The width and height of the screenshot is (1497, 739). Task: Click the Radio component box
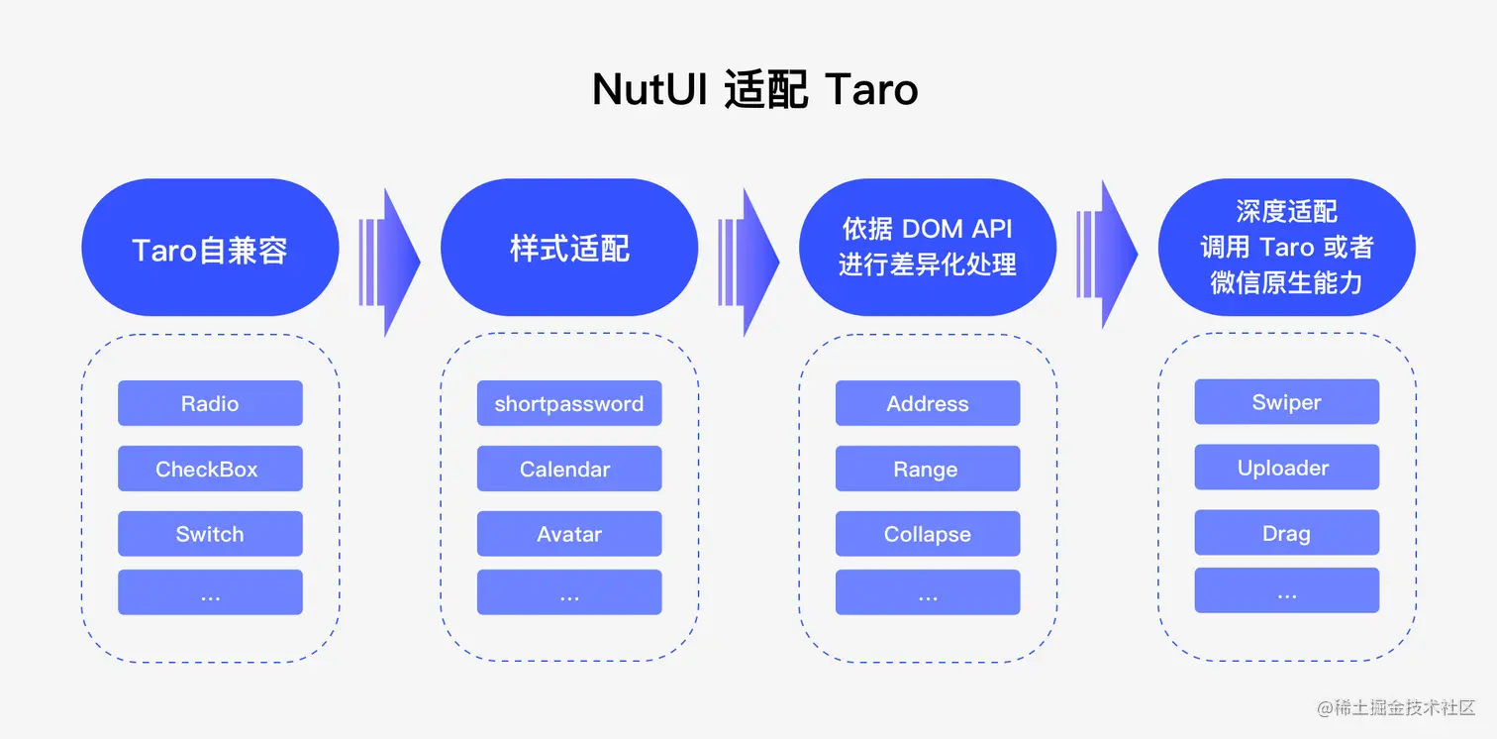coord(210,403)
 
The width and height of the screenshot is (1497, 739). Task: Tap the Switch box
coord(210,534)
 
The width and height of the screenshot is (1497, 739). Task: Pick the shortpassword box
coord(569,403)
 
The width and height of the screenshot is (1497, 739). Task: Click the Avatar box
coord(569,534)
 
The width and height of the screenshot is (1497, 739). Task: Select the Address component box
coord(928,403)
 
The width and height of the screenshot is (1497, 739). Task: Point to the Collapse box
coord(928,534)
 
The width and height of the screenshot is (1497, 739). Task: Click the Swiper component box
coord(1286,402)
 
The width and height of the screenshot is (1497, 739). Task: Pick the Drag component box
coord(1286,533)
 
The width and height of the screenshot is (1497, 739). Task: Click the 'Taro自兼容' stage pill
coord(210,248)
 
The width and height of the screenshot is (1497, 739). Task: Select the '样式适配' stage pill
coord(569,248)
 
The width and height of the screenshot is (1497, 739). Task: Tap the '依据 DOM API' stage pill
coord(928,248)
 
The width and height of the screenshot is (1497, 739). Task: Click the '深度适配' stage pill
coord(1286,248)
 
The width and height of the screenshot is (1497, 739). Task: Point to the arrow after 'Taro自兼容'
coord(390,262)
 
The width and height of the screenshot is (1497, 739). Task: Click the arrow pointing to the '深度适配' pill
coord(1108,254)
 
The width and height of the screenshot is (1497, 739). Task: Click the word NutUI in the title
coord(648,90)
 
